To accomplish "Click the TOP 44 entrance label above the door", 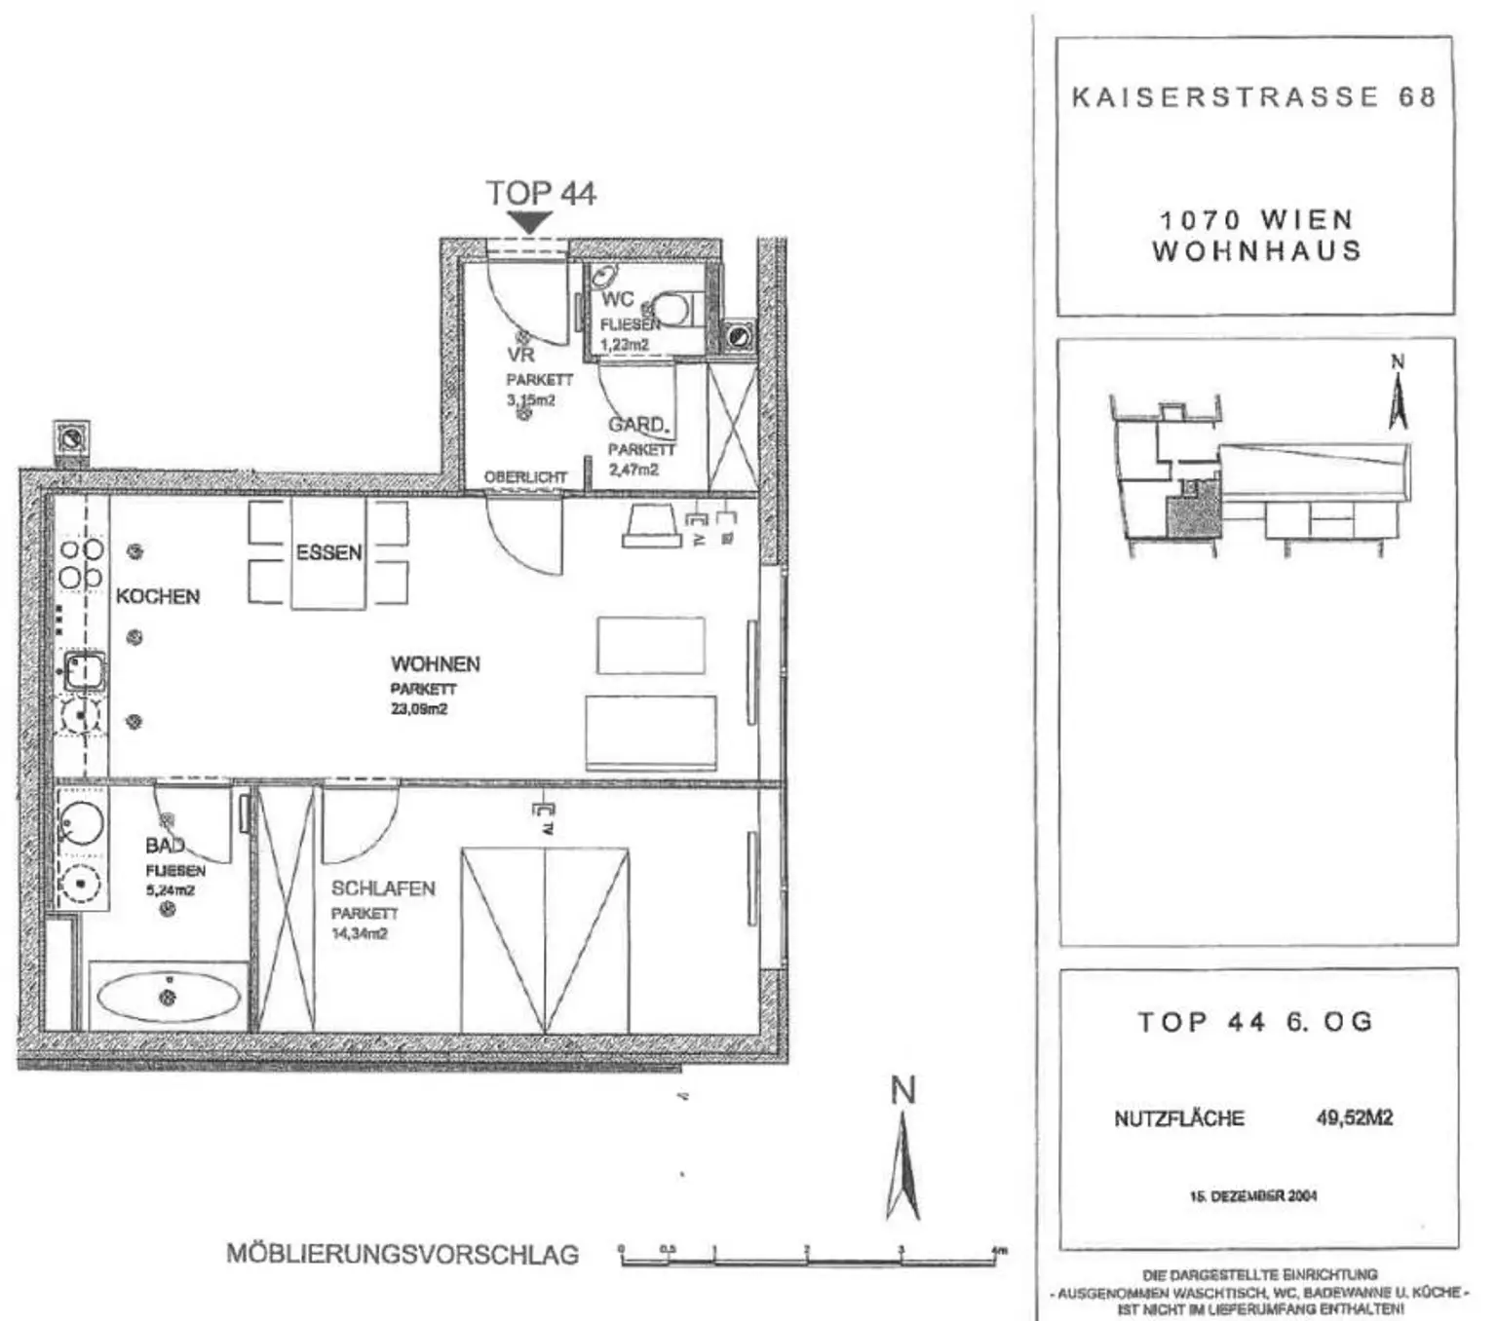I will [x=541, y=193].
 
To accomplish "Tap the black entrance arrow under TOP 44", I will [x=528, y=223].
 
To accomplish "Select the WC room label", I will [x=617, y=299].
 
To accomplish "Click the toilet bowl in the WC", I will [x=671, y=308].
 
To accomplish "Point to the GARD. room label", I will [x=638, y=425].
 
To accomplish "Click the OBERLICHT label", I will [x=525, y=477].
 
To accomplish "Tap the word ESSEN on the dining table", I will [x=328, y=552].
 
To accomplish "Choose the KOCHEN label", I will [x=158, y=596].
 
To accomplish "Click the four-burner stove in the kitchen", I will [x=82, y=564].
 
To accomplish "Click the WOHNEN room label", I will [x=436, y=664].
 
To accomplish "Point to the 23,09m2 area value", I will [x=419, y=709].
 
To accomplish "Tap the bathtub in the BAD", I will [x=169, y=996].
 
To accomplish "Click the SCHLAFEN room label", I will [x=383, y=888].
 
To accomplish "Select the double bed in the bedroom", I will [x=545, y=939].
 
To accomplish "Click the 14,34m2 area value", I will [x=360, y=933].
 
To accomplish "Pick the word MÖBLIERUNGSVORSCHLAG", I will [x=403, y=1254].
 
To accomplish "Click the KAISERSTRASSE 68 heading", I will [x=1254, y=97].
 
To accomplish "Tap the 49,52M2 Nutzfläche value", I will [x=1355, y=1117].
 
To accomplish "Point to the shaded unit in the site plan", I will [x=1192, y=514].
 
